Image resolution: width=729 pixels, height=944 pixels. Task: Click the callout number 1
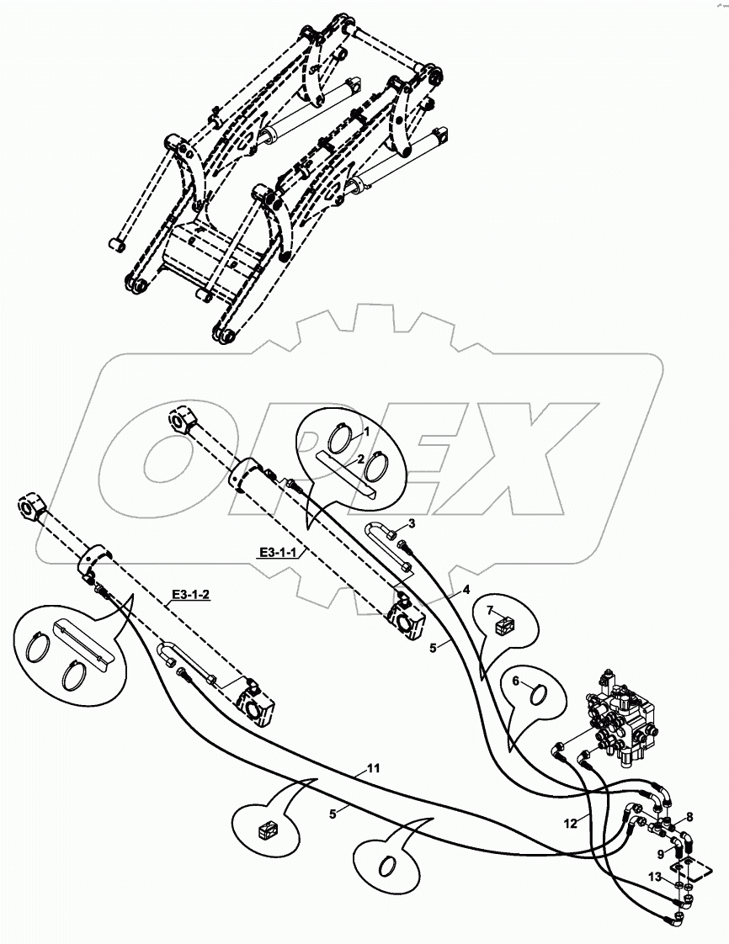click(367, 431)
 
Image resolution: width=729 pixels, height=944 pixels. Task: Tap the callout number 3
click(410, 523)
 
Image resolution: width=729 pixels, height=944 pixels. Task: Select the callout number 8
click(689, 816)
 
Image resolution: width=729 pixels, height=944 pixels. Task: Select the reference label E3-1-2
click(190, 595)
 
